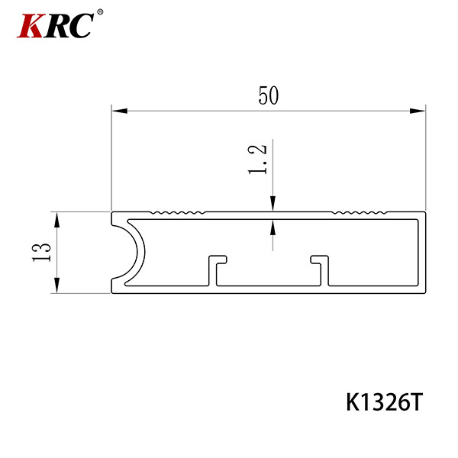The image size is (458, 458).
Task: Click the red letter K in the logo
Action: [x=31, y=26]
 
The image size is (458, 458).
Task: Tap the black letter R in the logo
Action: [x=56, y=26]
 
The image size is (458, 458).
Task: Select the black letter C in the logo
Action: [x=81, y=26]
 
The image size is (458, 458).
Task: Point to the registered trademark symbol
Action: [x=100, y=12]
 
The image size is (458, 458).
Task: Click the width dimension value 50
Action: [x=269, y=95]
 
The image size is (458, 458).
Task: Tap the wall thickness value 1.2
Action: [x=258, y=160]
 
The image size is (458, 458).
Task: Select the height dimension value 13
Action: [x=41, y=252]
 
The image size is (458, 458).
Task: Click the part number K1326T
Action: [x=385, y=402]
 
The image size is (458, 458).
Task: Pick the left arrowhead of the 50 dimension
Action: [x=120, y=111]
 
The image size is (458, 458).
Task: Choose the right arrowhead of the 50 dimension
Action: [x=417, y=111]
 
